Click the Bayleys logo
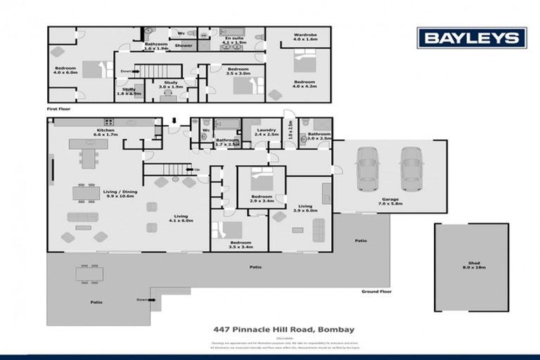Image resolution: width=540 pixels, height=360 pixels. (471, 38)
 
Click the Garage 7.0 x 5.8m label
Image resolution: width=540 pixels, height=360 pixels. (392, 202)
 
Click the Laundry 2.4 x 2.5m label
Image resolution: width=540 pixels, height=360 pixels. (266, 131)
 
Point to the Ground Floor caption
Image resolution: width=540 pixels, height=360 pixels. (375, 291)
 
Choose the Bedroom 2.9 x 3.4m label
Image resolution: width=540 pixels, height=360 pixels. (262, 198)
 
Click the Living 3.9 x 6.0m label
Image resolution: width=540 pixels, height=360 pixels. (305, 208)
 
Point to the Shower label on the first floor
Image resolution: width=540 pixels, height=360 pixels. (184, 45)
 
